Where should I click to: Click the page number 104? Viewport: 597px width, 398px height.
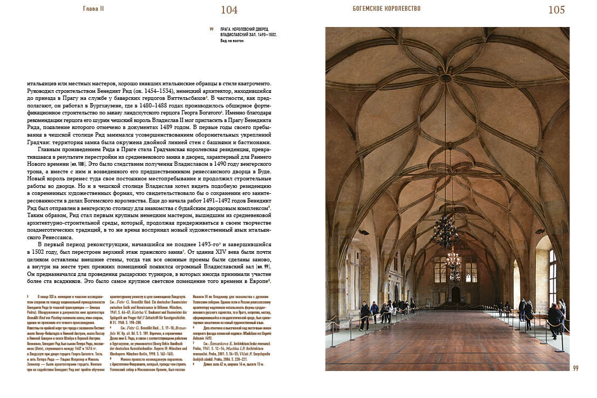click(229, 10)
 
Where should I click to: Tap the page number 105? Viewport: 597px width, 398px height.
click(556, 10)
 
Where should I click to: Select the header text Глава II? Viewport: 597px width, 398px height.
click(93, 9)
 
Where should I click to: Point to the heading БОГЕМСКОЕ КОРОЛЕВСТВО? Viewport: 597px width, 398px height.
click(386, 9)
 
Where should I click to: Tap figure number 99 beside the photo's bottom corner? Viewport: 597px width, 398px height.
click(575, 368)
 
